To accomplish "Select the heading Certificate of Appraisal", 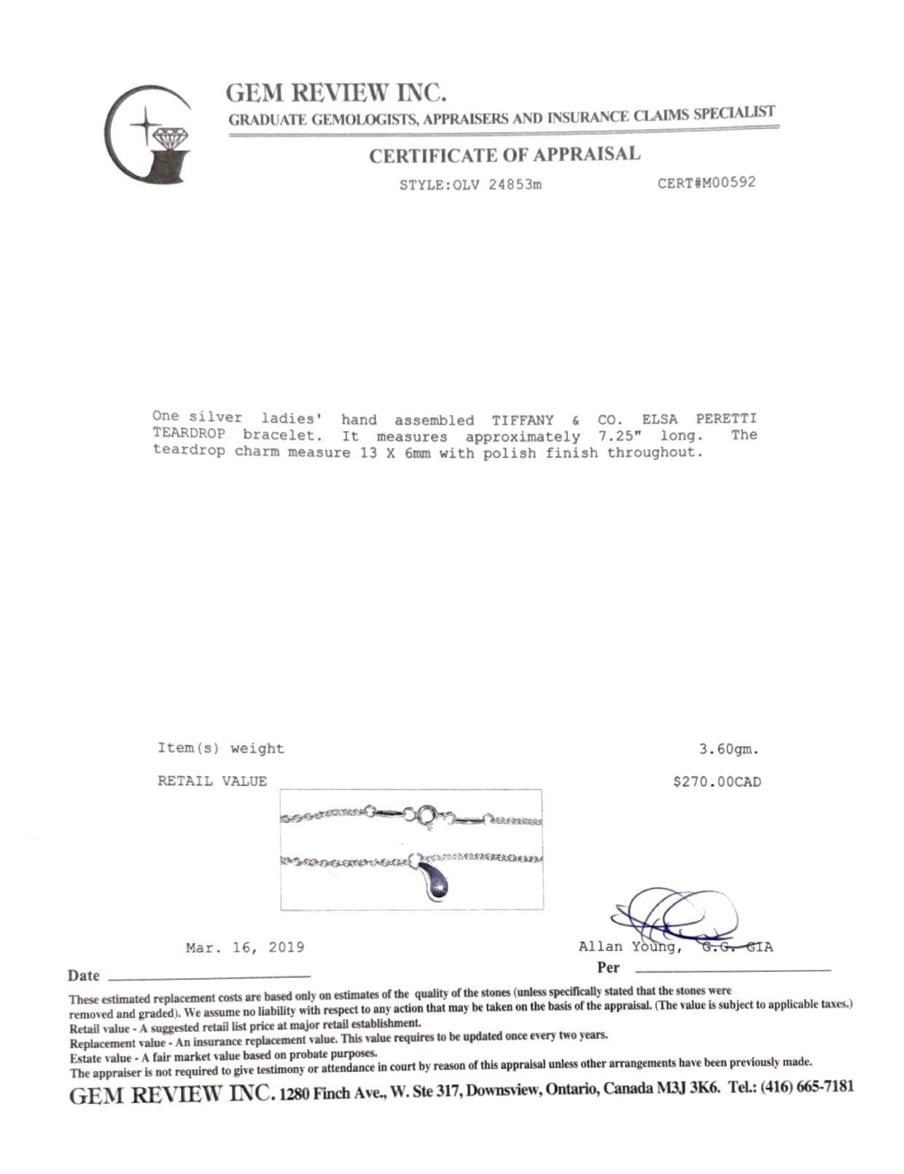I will (504, 155).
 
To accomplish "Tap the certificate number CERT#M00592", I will (706, 182).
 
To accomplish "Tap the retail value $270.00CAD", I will (717, 782).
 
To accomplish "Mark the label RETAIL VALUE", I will (212, 781).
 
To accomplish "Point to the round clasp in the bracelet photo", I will (427, 817).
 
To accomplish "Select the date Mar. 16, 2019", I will (245, 948).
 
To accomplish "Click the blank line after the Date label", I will (209, 976).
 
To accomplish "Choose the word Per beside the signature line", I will (608, 968).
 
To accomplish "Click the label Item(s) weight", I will (221, 748).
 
